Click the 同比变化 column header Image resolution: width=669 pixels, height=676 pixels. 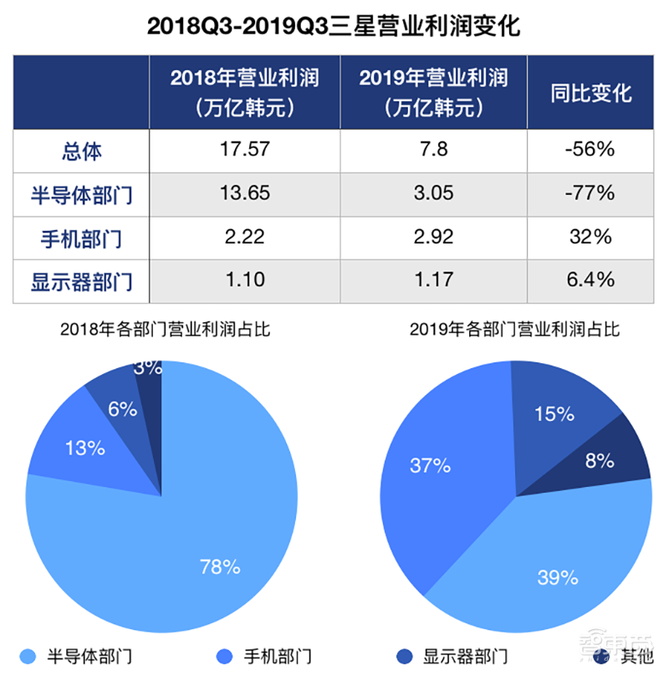(x=590, y=93)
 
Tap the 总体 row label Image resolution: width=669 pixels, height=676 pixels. (x=81, y=151)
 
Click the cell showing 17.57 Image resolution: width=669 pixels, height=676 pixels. (x=244, y=151)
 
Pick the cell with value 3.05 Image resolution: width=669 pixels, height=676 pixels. (x=433, y=194)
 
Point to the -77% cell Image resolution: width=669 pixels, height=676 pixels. (x=590, y=194)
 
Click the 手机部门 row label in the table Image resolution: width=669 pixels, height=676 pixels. (x=81, y=238)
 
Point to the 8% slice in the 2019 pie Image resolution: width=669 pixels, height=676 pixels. (x=600, y=459)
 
